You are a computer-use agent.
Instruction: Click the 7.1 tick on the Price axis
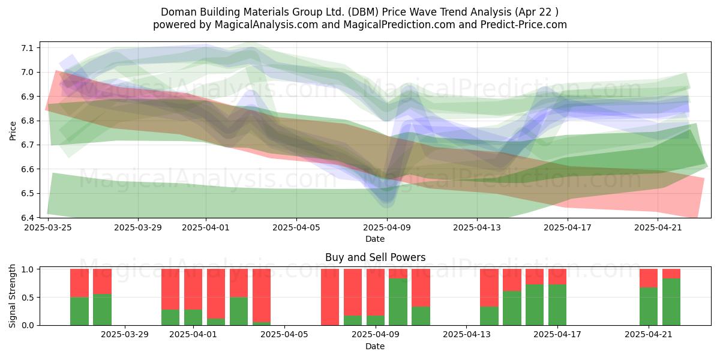[27, 48]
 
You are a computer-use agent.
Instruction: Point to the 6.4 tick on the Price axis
[27, 218]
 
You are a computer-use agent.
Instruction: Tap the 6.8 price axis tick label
[27, 121]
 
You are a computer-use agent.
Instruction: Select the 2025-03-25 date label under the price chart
[48, 227]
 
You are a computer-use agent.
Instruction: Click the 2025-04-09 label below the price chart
[387, 227]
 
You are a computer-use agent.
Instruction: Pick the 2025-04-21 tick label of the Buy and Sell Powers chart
[649, 335]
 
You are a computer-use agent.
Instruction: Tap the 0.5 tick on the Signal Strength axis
[27, 298]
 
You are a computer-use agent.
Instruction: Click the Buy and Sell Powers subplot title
[376, 257]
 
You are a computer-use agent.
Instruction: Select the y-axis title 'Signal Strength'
[12, 296]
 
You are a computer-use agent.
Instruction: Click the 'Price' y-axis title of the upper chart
[13, 131]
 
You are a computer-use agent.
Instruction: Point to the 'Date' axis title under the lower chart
[375, 346]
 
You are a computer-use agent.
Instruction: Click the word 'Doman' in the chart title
[179, 12]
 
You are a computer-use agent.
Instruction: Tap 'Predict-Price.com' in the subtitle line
[524, 25]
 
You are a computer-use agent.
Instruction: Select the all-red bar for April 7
[330, 297]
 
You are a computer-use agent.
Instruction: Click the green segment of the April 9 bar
[398, 302]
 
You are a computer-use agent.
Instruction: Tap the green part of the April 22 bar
[671, 302]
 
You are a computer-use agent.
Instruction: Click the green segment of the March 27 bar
[102, 310]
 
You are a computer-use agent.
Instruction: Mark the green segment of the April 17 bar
[557, 305]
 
